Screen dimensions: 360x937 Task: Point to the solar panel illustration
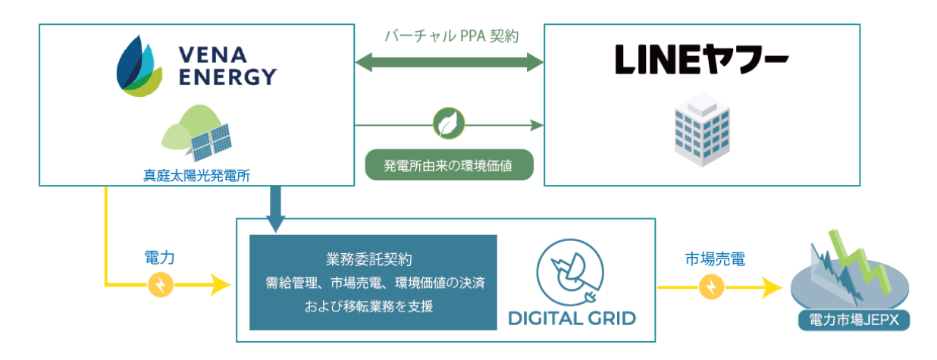pos(211,142)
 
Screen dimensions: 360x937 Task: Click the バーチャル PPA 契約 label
pos(451,36)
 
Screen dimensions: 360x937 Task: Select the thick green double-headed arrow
pos(451,63)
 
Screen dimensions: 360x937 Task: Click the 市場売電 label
pos(710,259)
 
